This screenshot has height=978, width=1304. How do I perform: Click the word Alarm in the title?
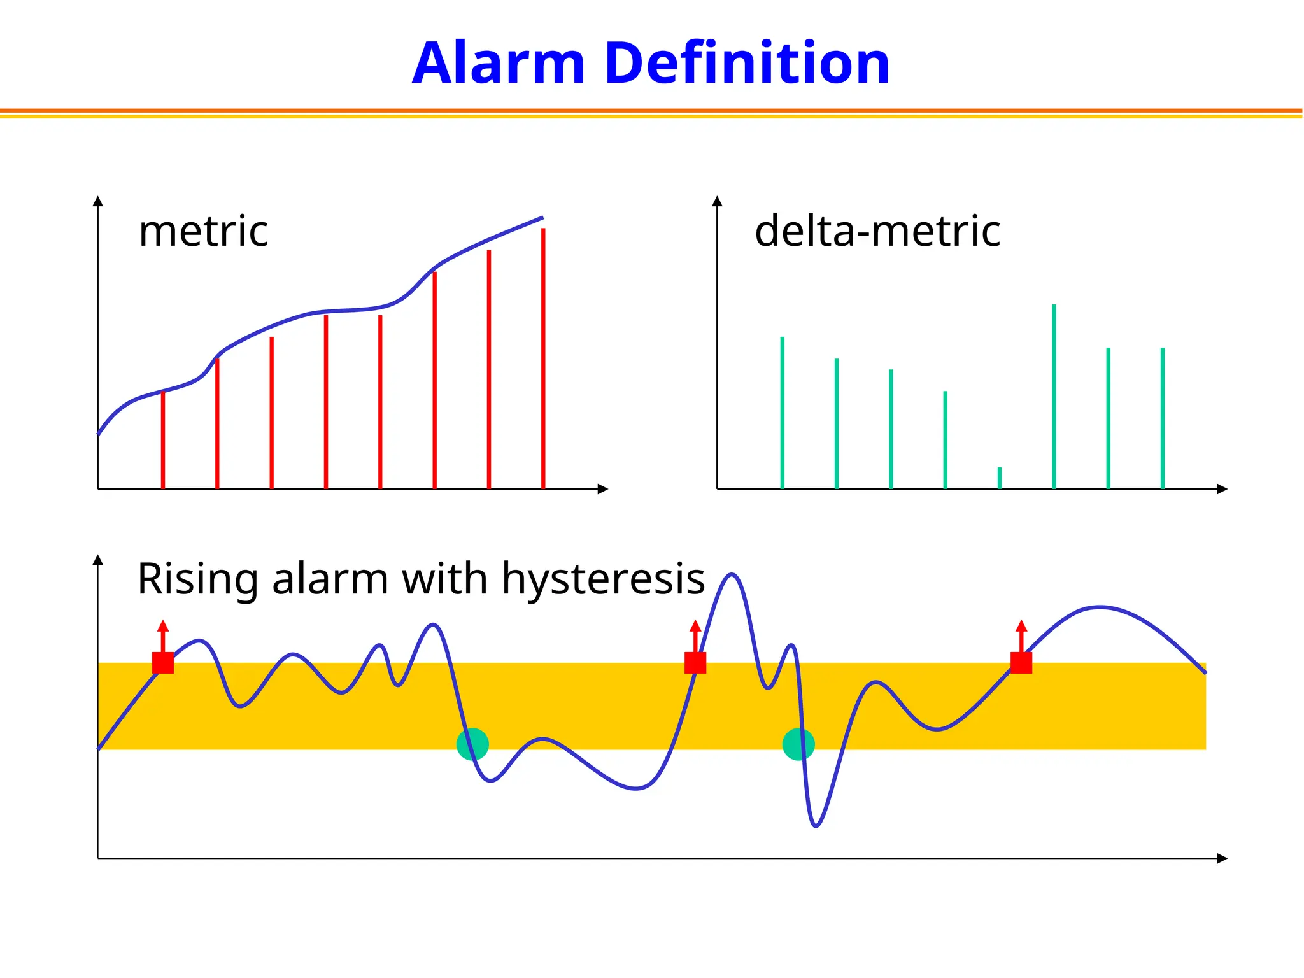(498, 63)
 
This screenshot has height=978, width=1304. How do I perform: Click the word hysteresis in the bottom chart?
(603, 579)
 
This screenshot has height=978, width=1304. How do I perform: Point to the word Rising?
(197, 579)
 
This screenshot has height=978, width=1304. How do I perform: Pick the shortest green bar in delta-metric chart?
(1000, 478)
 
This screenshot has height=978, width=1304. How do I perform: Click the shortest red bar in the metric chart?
(163, 440)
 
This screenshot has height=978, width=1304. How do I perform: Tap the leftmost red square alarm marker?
(163, 663)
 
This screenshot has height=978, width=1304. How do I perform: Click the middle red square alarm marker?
(695, 663)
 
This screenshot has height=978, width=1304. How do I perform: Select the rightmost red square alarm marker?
(1021, 663)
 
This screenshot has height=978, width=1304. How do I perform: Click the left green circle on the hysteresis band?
(472, 744)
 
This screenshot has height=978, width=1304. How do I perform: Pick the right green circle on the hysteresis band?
(798, 744)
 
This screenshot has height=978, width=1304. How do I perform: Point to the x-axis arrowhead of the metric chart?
(604, 489)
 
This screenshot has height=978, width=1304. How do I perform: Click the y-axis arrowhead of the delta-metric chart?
(717, 201)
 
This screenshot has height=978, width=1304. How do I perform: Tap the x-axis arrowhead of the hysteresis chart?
(1222, 858)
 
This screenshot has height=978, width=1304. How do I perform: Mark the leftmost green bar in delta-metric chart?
(783, 413)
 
